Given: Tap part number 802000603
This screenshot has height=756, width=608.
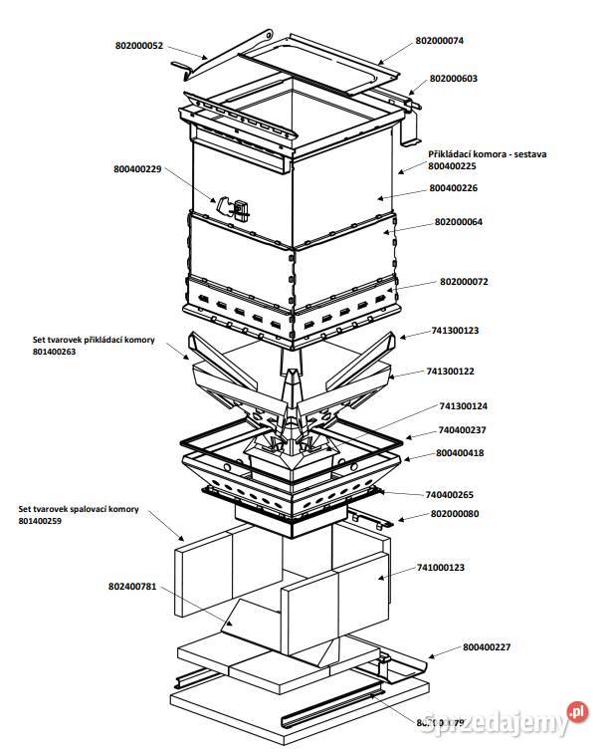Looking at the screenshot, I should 461,78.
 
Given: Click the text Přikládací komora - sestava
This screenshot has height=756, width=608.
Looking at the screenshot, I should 488,154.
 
